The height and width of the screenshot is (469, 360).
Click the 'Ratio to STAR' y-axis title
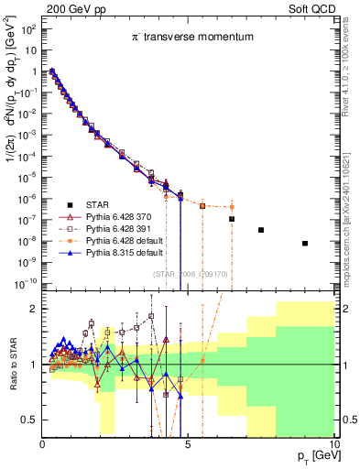[11, 365]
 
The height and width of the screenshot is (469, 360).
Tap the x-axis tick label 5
[188, 443]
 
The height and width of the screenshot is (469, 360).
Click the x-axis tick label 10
[333, 443]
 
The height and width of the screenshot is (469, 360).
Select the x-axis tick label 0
[42, 443]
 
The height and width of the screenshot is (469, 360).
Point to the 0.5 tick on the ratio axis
[29, 419]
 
